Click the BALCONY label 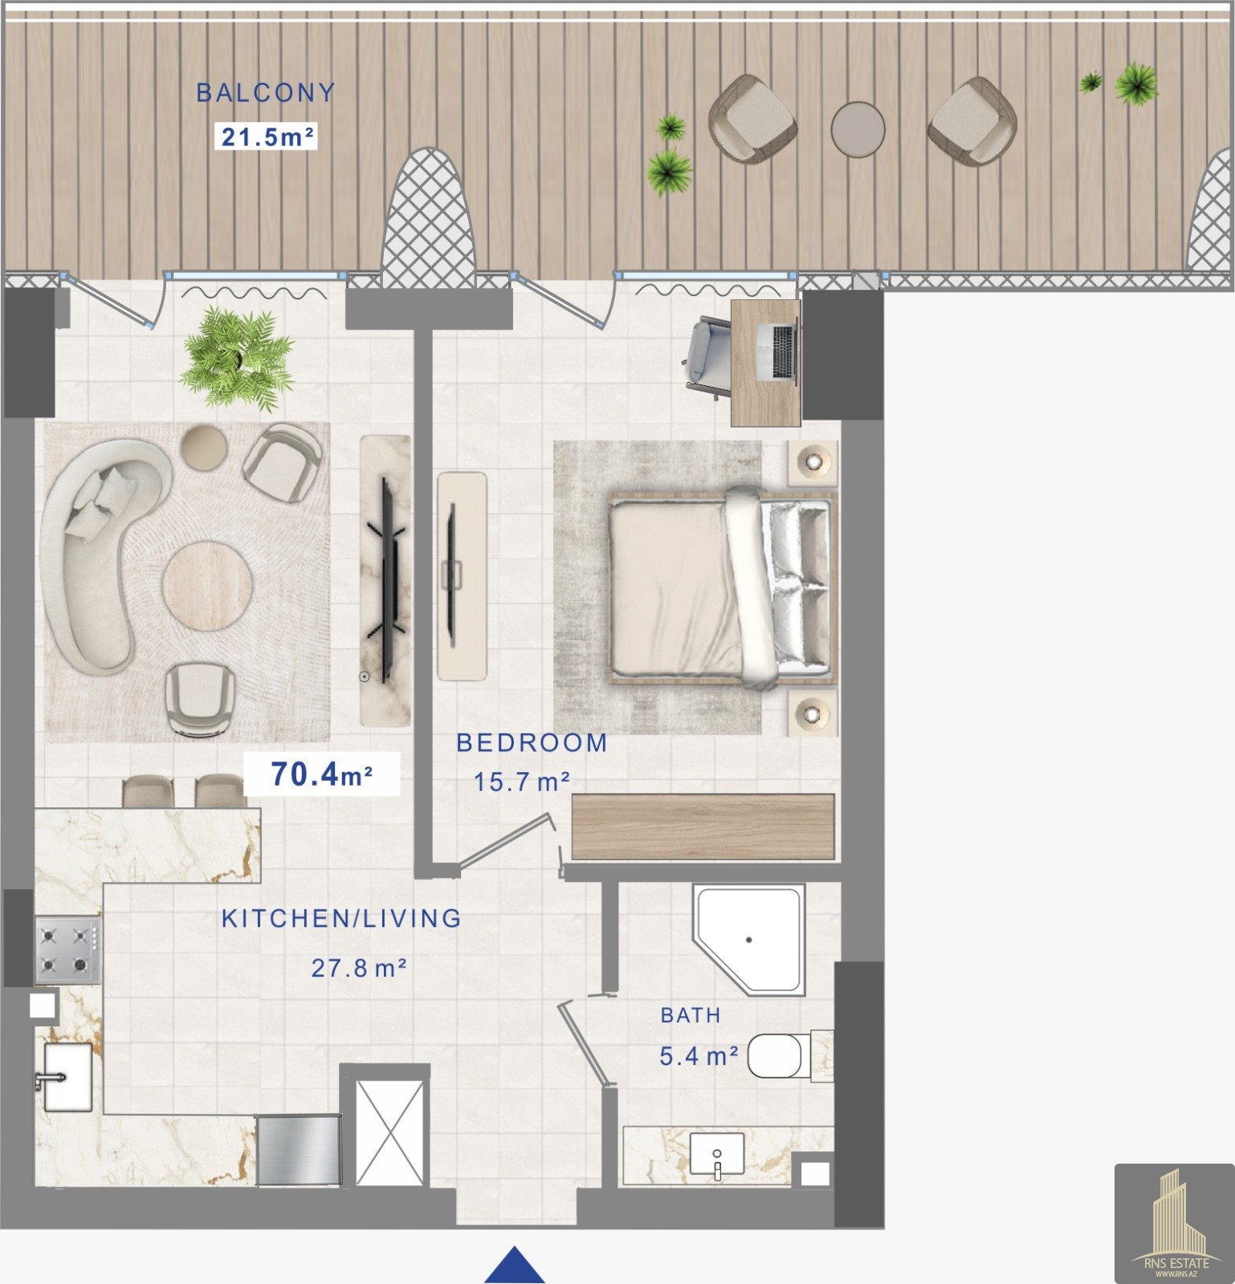point(265,92)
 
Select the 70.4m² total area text point(321,774)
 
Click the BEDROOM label point(532,742)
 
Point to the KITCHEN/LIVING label point(341,918)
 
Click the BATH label point(691,1015)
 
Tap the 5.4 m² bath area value point(699,1056)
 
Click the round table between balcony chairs point(858,128)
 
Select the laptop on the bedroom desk point(783,351)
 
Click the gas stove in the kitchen point(67,950)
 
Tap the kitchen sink point(67,1076)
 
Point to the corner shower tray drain point(748,939)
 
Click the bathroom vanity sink point(717,1156)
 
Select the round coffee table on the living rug point(207,587)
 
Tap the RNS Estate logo point(1175,1224)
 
